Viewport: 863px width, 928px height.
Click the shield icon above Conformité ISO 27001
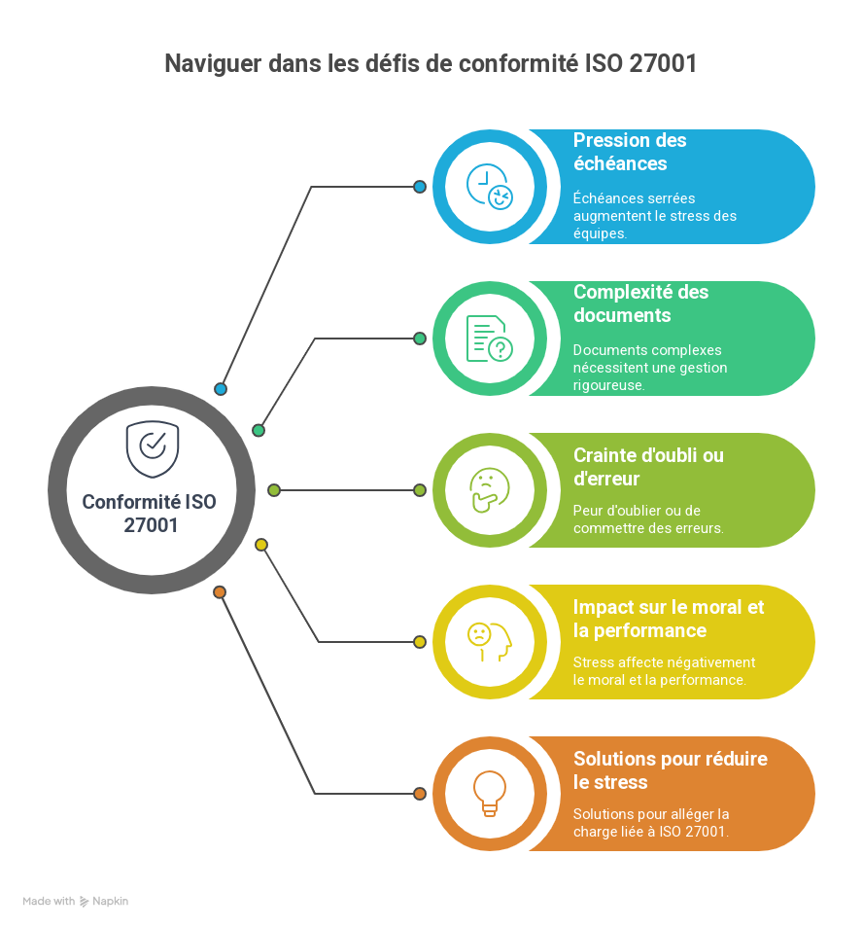coord(153,449)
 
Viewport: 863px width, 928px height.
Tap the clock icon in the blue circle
coord(490,187)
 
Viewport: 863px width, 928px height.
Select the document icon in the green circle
coord(490,339)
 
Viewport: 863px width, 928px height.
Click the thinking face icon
coord(490,490)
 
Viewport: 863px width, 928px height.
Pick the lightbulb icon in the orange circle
coord(490,794)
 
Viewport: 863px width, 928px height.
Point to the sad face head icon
coord(490,642)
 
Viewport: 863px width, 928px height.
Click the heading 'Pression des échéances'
coord(630,152)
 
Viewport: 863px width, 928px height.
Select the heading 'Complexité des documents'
coord(640,303)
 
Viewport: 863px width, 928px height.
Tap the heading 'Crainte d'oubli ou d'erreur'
coord(648,467)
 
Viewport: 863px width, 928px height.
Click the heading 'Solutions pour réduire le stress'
coord(671,770)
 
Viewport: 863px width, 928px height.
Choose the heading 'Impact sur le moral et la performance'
coord(669,619)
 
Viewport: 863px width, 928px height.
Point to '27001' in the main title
coord(663,63)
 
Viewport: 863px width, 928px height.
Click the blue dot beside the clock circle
coord(420,187)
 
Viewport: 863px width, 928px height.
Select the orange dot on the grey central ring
coord(220,592)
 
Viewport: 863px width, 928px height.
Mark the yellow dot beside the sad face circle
coord(420,642)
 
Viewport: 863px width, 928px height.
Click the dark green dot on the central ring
coord(259,431)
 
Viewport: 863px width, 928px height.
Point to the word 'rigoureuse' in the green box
coord(608,385)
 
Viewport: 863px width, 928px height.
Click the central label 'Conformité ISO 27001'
coord(150,513)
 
